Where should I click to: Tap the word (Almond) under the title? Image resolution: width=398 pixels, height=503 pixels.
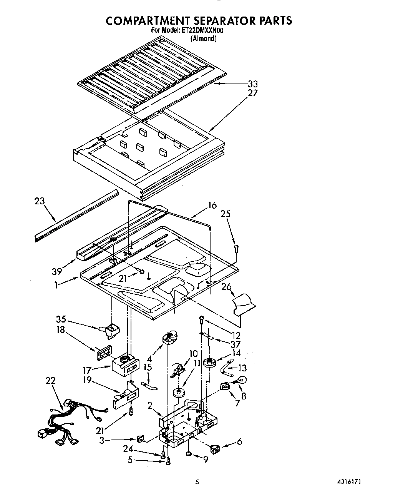[204, 38]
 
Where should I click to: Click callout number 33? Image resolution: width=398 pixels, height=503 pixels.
[252, 84]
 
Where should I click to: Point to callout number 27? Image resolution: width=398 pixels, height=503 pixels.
[252, 93]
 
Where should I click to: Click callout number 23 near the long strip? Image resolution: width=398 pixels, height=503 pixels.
[39, 201]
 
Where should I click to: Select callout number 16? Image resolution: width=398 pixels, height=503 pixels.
[212, 205]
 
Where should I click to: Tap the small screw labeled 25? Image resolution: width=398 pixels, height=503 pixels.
[237, 248]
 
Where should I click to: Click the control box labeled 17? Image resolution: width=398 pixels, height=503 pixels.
[125, 364]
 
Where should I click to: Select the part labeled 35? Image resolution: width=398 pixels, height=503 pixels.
[110, 330]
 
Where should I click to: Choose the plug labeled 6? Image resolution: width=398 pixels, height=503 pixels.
[216, 448]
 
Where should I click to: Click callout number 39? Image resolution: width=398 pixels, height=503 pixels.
[57, 272]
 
